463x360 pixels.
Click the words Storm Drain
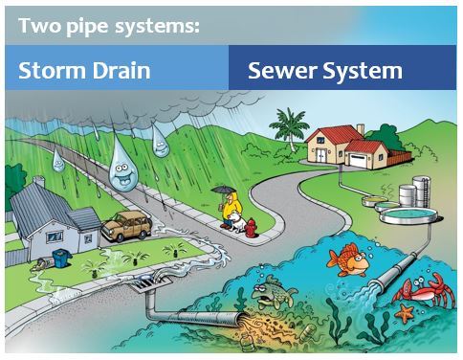(x=82, y=71)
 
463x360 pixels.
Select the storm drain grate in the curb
(x=158, y=287)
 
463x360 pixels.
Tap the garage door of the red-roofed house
(x=361, y=159)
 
